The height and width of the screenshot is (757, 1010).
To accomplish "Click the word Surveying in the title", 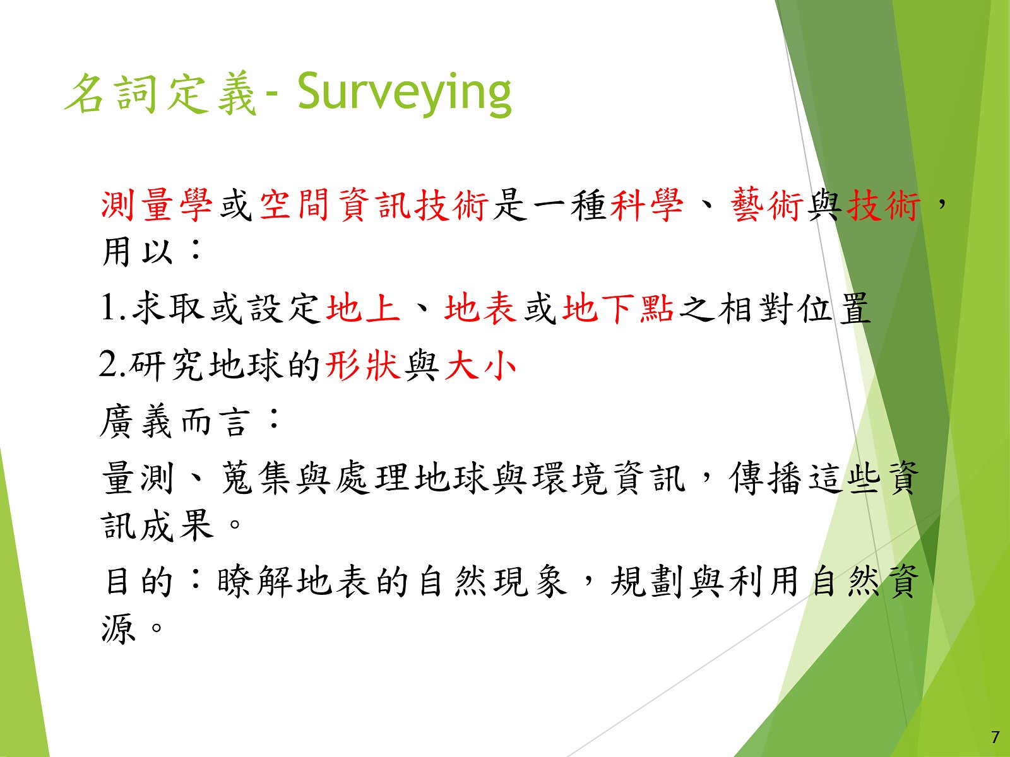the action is tap(405, 94).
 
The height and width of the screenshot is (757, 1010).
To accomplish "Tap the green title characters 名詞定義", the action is tap(160, 94).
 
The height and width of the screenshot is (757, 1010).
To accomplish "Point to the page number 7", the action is tap(995, 737).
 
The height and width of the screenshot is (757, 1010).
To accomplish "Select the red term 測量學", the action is tap(157, 205).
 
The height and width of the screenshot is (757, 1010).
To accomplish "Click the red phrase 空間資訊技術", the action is tap(374, 205).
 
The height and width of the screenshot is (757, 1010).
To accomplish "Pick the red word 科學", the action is tap(646, 205).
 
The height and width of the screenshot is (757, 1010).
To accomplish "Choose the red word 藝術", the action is tap(766, 205).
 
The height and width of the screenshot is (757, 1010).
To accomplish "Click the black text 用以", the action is tap(137, 252).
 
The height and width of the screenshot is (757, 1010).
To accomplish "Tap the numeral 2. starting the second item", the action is tap(112, 365).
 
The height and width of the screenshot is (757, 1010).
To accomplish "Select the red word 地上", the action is tap(363, 307).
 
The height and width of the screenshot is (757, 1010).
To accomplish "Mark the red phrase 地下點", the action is tap(618, 307).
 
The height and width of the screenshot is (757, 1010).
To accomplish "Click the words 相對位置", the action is tap(794, 307).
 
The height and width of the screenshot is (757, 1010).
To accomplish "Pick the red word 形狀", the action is tap(362, 365).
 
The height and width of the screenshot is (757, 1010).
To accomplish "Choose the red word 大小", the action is tap(480, 365).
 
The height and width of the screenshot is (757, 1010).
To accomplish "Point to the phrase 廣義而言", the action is tap(175, 422).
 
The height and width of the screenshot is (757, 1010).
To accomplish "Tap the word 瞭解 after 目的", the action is tap(254, 582).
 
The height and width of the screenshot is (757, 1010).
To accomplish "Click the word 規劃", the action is tap(648, 582).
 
